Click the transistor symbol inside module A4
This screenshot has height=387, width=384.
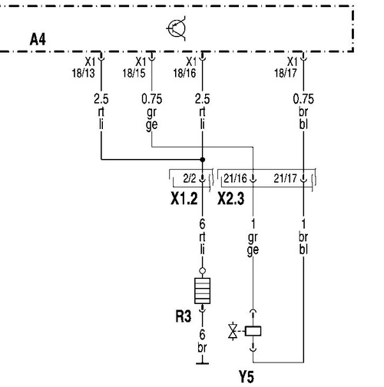(177, 28)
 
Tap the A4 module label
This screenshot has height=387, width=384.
(38, 39)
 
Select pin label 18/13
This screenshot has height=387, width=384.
(83, 73)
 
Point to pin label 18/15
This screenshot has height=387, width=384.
(134, 73)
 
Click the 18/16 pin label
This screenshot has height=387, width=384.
(184, 73)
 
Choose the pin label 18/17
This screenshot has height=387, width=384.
(286, 73)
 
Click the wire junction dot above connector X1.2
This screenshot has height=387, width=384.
(203, 160)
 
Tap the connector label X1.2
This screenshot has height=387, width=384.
(184, 198)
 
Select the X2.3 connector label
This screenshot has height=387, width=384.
(231, 198)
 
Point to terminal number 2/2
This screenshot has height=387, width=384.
(190, 178)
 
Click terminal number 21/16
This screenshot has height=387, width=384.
(235, 178)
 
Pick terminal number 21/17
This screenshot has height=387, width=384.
(285, 178)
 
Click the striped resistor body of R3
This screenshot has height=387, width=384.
(203, 291)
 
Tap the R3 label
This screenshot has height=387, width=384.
(184, 316)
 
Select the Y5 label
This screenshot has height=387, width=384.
(247, 377)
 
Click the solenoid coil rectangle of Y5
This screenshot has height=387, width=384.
(253, 331)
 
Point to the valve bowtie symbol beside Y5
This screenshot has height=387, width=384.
(233, 331)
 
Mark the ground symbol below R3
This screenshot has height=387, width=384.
(202, 363)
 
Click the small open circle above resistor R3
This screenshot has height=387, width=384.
(202, 270)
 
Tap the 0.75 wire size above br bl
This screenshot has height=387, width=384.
(303, 99)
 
